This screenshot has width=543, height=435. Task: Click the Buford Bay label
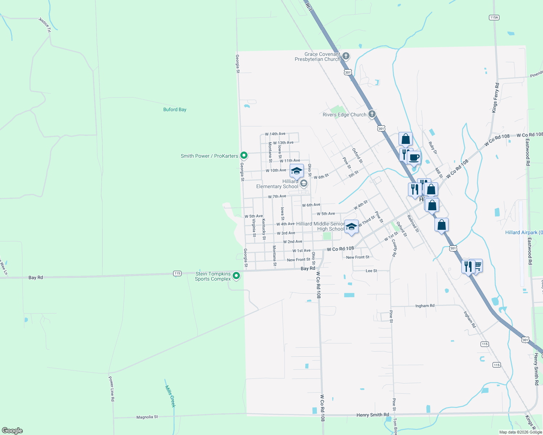(175, 109)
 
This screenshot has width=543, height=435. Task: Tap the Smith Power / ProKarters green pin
(244, 156)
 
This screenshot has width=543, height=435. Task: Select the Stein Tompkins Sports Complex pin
(236, 276)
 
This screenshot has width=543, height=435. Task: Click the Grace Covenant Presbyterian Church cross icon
(346, 56)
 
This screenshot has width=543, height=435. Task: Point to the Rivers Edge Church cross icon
(372, 114)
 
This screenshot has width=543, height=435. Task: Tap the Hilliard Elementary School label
(278, 184)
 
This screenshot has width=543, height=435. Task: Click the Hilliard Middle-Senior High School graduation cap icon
(351, 227)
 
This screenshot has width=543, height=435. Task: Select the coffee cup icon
(414, 158)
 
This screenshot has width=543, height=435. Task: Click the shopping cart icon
(478, 266)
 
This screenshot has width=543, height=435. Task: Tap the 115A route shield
(494, 17)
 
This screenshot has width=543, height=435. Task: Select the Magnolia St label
(147, 417)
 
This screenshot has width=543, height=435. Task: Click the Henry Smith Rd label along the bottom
(372, 415)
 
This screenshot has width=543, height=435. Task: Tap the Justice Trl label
(45, 25)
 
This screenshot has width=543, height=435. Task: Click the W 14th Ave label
(275, 134)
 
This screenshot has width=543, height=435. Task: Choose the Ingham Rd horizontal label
(425, 306)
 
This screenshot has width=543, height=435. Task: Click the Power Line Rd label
(112, 389)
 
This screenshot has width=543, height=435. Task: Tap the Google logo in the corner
(12, 431)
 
